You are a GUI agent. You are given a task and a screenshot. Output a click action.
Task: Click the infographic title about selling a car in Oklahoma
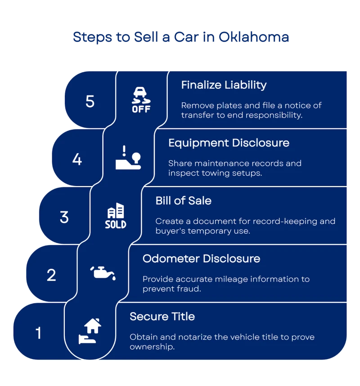coord(181,37)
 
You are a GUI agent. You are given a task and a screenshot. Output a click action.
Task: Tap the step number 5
coord(90,101)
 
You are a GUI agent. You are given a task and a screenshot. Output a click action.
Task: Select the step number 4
coord(77,159)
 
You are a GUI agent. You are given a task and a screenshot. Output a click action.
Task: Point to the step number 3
coord(64,217)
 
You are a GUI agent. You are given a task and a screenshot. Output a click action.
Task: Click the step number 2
coord(51,275)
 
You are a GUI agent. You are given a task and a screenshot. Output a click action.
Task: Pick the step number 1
coord(39,333)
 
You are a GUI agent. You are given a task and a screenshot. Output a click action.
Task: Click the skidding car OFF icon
coord(141,100)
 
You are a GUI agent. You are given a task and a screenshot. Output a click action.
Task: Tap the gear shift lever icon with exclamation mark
coord(128,158)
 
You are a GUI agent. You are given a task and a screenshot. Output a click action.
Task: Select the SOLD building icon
coord(116,216)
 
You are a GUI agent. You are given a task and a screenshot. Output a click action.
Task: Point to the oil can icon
coord(103,273)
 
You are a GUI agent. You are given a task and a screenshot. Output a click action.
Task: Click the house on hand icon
coord(90,331)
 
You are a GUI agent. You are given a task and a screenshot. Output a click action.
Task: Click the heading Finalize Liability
coord(224,85)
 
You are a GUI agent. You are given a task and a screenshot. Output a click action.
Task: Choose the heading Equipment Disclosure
coord(229,143)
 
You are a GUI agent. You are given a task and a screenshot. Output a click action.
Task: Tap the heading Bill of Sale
coord(183,200)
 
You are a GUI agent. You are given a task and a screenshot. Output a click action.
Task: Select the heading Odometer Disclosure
coord(201,259)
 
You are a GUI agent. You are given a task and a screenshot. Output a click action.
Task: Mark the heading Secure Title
coord(162,316)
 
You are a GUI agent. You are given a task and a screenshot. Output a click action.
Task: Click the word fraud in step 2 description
coord(189,289)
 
